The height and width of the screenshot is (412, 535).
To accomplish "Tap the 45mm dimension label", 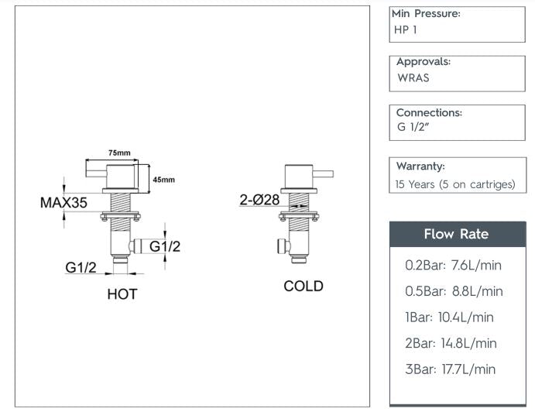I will pos(163,180).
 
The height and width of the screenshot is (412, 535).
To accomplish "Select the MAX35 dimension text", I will pos(63,203).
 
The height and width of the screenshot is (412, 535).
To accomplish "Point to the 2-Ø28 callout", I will pos(259,201).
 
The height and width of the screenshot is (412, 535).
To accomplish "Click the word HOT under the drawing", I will pos(122,294).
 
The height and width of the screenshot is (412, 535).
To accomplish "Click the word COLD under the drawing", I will pos(303,287).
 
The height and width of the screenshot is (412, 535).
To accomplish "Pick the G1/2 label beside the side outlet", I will pos(165,246).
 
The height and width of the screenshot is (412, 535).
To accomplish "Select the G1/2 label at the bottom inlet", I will pos(81,268).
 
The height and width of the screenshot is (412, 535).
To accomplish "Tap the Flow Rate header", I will pos(456,234).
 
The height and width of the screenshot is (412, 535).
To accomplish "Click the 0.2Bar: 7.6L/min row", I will pos(453,265).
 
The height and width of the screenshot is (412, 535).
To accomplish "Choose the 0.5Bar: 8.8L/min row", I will pos(454,291).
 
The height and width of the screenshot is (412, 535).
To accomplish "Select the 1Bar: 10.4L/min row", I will pos(449,317).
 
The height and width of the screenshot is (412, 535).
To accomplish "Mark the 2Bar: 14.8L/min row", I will pos(451,343).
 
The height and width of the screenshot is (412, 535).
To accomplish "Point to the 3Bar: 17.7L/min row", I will pos(450,369).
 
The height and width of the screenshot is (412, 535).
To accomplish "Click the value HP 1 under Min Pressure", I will pos(406,30).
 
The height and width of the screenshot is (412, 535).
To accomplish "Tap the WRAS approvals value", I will pos(413,78).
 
